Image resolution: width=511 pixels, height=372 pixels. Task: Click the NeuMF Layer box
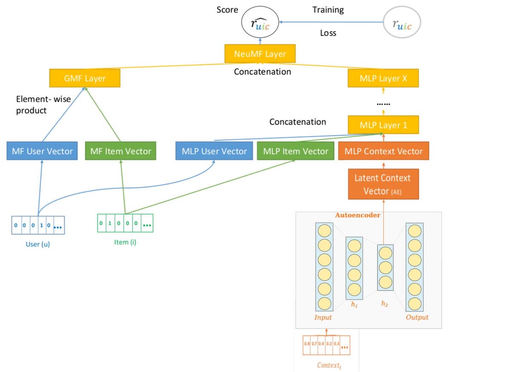point(260,54)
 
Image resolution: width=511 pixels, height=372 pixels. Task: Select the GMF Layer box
point(84,78)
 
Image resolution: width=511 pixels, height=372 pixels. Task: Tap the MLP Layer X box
point(383,78)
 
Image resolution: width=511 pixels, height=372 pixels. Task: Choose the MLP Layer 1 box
point(383,125)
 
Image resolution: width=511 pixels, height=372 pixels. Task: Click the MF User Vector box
point(42,151)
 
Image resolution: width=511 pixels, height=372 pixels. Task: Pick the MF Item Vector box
point(121,151)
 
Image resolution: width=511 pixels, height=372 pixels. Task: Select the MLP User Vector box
point(214,151)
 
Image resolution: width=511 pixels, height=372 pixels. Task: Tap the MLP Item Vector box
point(296,151)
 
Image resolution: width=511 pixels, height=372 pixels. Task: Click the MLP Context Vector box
point(383,151)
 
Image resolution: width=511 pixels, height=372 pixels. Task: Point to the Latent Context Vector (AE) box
point(383,184)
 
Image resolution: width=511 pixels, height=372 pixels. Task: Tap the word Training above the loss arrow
point(328,10)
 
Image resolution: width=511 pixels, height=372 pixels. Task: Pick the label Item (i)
point(126,242)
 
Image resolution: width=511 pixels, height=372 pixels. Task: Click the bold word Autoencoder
point(357,215)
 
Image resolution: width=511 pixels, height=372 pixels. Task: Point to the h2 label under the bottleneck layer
point(385,303)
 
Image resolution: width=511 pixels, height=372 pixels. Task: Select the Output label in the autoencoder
point(416,317)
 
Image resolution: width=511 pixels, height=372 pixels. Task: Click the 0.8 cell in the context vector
point(307,343)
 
